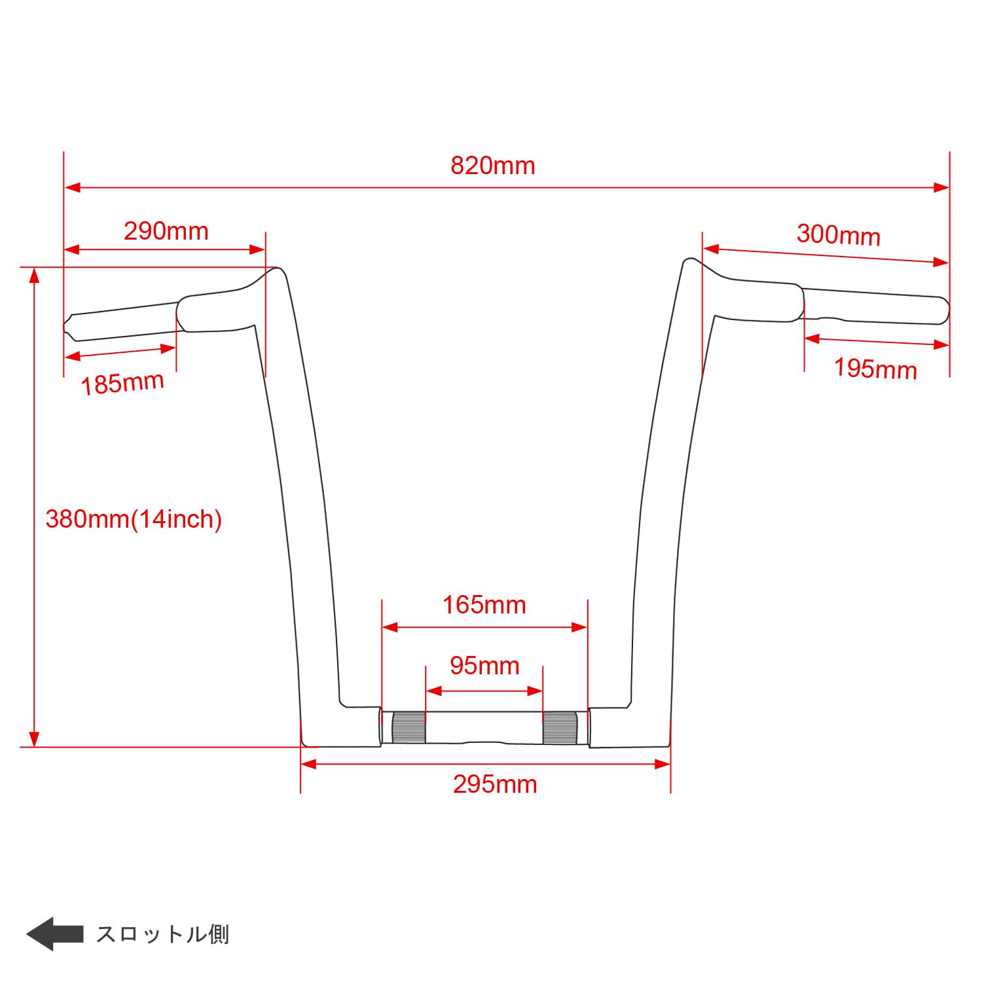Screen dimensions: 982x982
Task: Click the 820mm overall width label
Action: click(x=492, y=166)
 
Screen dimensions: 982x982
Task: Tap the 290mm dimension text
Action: click(x=166, y=231)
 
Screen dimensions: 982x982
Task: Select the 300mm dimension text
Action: click(x=838, y=234)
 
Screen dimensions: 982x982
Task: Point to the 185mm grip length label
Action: click(x=122, y=383)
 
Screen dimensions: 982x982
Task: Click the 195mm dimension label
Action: click(x=875, y=369)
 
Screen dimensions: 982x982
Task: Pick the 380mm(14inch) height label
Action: click(x=134, y=519)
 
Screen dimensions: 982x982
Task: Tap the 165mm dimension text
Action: click(x=484, y=605)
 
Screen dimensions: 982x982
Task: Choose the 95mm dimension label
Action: click(x=484, y=666)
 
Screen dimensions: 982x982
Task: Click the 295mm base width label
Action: click(x=495, y=784)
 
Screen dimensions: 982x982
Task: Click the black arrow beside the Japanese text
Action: click(x=54, y=934)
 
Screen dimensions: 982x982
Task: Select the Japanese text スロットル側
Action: click(x=162, y=934)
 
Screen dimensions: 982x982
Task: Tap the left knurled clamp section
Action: click(x=409, y=727)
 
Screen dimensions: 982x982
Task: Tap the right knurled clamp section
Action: click(x=559, y=727)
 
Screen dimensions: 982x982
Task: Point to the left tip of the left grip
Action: click(x=66, y=325)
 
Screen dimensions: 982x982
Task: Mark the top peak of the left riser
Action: click(x=278, y=269)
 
